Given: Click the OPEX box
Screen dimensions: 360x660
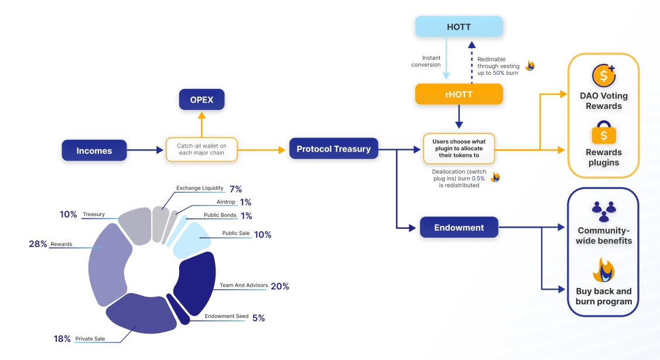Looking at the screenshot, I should (x=201, y=100).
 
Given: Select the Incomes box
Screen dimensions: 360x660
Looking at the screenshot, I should (x=94, y=150).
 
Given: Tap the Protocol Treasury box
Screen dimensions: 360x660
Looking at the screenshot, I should (x=333, y=149).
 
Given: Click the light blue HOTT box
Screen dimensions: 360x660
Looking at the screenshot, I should (x=459, y=27).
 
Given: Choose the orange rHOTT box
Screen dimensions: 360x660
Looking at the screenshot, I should (x=459, y=94).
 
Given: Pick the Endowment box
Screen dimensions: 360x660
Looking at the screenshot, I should (x=459, y=227).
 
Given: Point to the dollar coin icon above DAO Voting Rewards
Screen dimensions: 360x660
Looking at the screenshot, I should (x=603, y=75).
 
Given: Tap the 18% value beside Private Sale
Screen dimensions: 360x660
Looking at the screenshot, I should (x=62, y=338).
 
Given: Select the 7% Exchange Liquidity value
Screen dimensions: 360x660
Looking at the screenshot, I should (x=235, y=189).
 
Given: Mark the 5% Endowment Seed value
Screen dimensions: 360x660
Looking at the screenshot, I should (x=258, y=318).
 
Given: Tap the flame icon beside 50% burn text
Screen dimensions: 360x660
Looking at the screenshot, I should (x=530, y=66).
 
